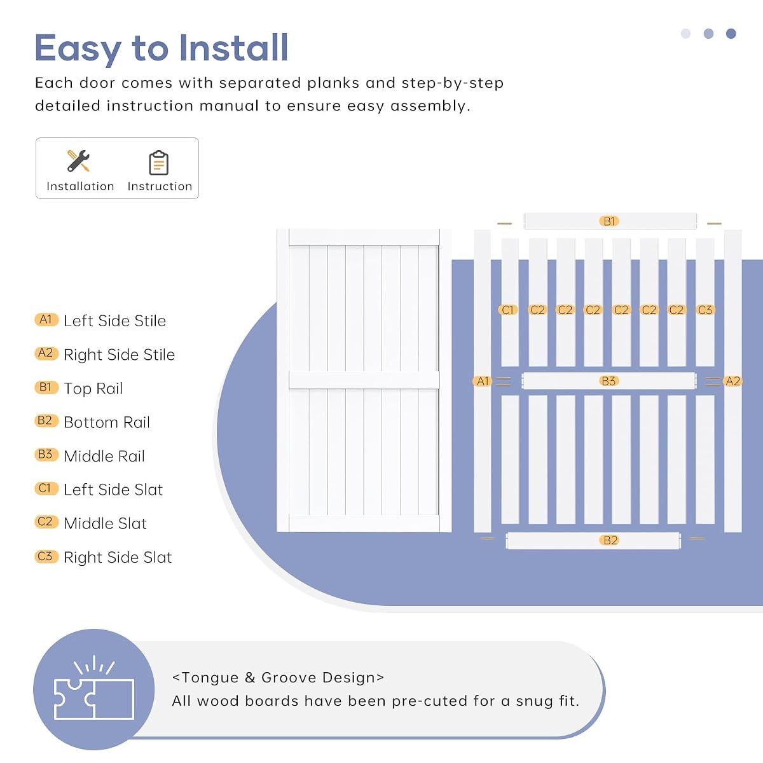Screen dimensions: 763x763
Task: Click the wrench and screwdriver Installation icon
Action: (78, 161)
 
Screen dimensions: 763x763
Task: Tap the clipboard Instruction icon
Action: (159, 163)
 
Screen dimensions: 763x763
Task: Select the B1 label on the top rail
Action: (609, 221)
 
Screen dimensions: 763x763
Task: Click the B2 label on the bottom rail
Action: (610, 540)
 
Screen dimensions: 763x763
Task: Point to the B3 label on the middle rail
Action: (608, 381)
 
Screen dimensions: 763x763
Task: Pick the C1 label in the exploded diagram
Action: (507, 310)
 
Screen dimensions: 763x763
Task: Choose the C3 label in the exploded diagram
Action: (705, 310)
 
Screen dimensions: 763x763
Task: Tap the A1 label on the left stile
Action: (483, 381)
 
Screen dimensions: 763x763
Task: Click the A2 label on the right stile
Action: (732, 381)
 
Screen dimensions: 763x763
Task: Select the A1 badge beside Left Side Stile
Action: (46, 319)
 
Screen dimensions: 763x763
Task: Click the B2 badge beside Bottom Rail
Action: (46, 420)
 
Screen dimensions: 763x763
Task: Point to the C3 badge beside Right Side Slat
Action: (46, 556)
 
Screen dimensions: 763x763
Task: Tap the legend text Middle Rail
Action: (104, 456)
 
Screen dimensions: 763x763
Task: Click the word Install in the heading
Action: (233, 48)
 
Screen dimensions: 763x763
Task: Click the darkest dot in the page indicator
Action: (731, 34)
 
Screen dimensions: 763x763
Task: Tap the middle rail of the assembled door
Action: (364, 380)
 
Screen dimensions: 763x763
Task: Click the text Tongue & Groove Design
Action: (278, 677)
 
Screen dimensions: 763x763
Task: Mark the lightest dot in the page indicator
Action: (686, 34)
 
